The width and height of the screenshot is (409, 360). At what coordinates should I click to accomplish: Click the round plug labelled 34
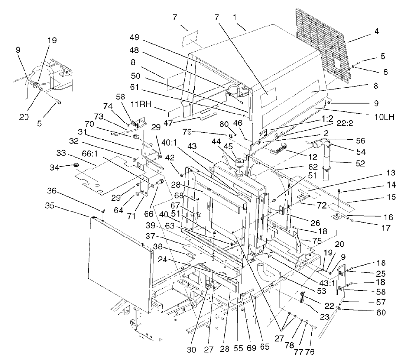coord(76,166)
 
